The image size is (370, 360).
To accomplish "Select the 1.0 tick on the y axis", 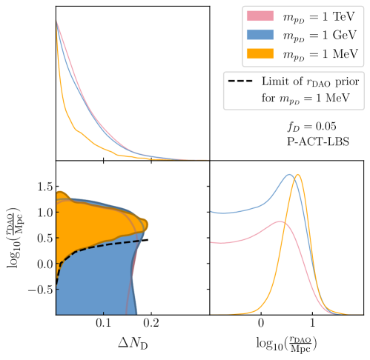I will click(x=43, y=212).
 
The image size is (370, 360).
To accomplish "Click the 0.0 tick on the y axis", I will click(x=43, y=264).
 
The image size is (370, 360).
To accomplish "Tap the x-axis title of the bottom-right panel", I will click(x=286, y=344).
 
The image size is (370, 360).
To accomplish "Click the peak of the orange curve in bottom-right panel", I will click(x=298, y=175).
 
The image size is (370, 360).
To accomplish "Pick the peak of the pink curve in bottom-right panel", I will click(x=279, y=221).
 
